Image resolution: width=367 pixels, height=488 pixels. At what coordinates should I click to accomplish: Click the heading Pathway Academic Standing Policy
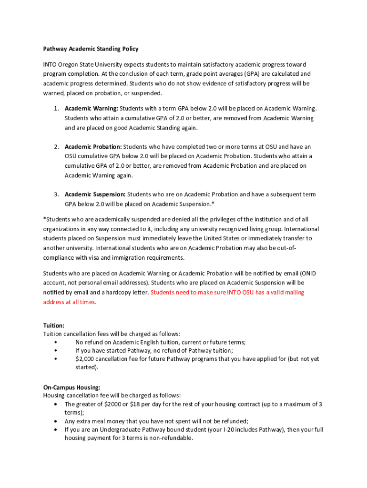(x=91, y=49)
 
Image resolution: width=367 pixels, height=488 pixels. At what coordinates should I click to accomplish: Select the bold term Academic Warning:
(x=92, y=108)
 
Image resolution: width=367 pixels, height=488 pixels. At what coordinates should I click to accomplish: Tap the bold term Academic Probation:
(x=93, y=146)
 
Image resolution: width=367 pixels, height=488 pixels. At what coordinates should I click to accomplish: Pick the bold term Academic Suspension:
(x=95, y=194)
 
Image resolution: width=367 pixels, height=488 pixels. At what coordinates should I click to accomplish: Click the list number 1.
(x=56, y=108)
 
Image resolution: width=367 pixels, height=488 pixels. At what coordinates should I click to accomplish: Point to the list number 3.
(x=56, y=194)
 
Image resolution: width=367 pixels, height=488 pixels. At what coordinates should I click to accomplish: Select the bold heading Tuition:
(x=54, y=325)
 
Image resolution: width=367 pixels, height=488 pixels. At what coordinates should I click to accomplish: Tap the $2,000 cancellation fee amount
(x=85, y=359)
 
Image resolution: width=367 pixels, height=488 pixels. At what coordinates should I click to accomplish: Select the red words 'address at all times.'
(x=70, y=302)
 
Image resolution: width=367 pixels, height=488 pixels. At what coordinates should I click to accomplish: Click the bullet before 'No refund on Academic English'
(x=56, y=342)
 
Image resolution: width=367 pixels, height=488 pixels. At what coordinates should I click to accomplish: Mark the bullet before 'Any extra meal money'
(x=57, y=421)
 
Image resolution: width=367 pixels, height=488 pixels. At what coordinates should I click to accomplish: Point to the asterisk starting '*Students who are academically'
(x=44, y=219)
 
